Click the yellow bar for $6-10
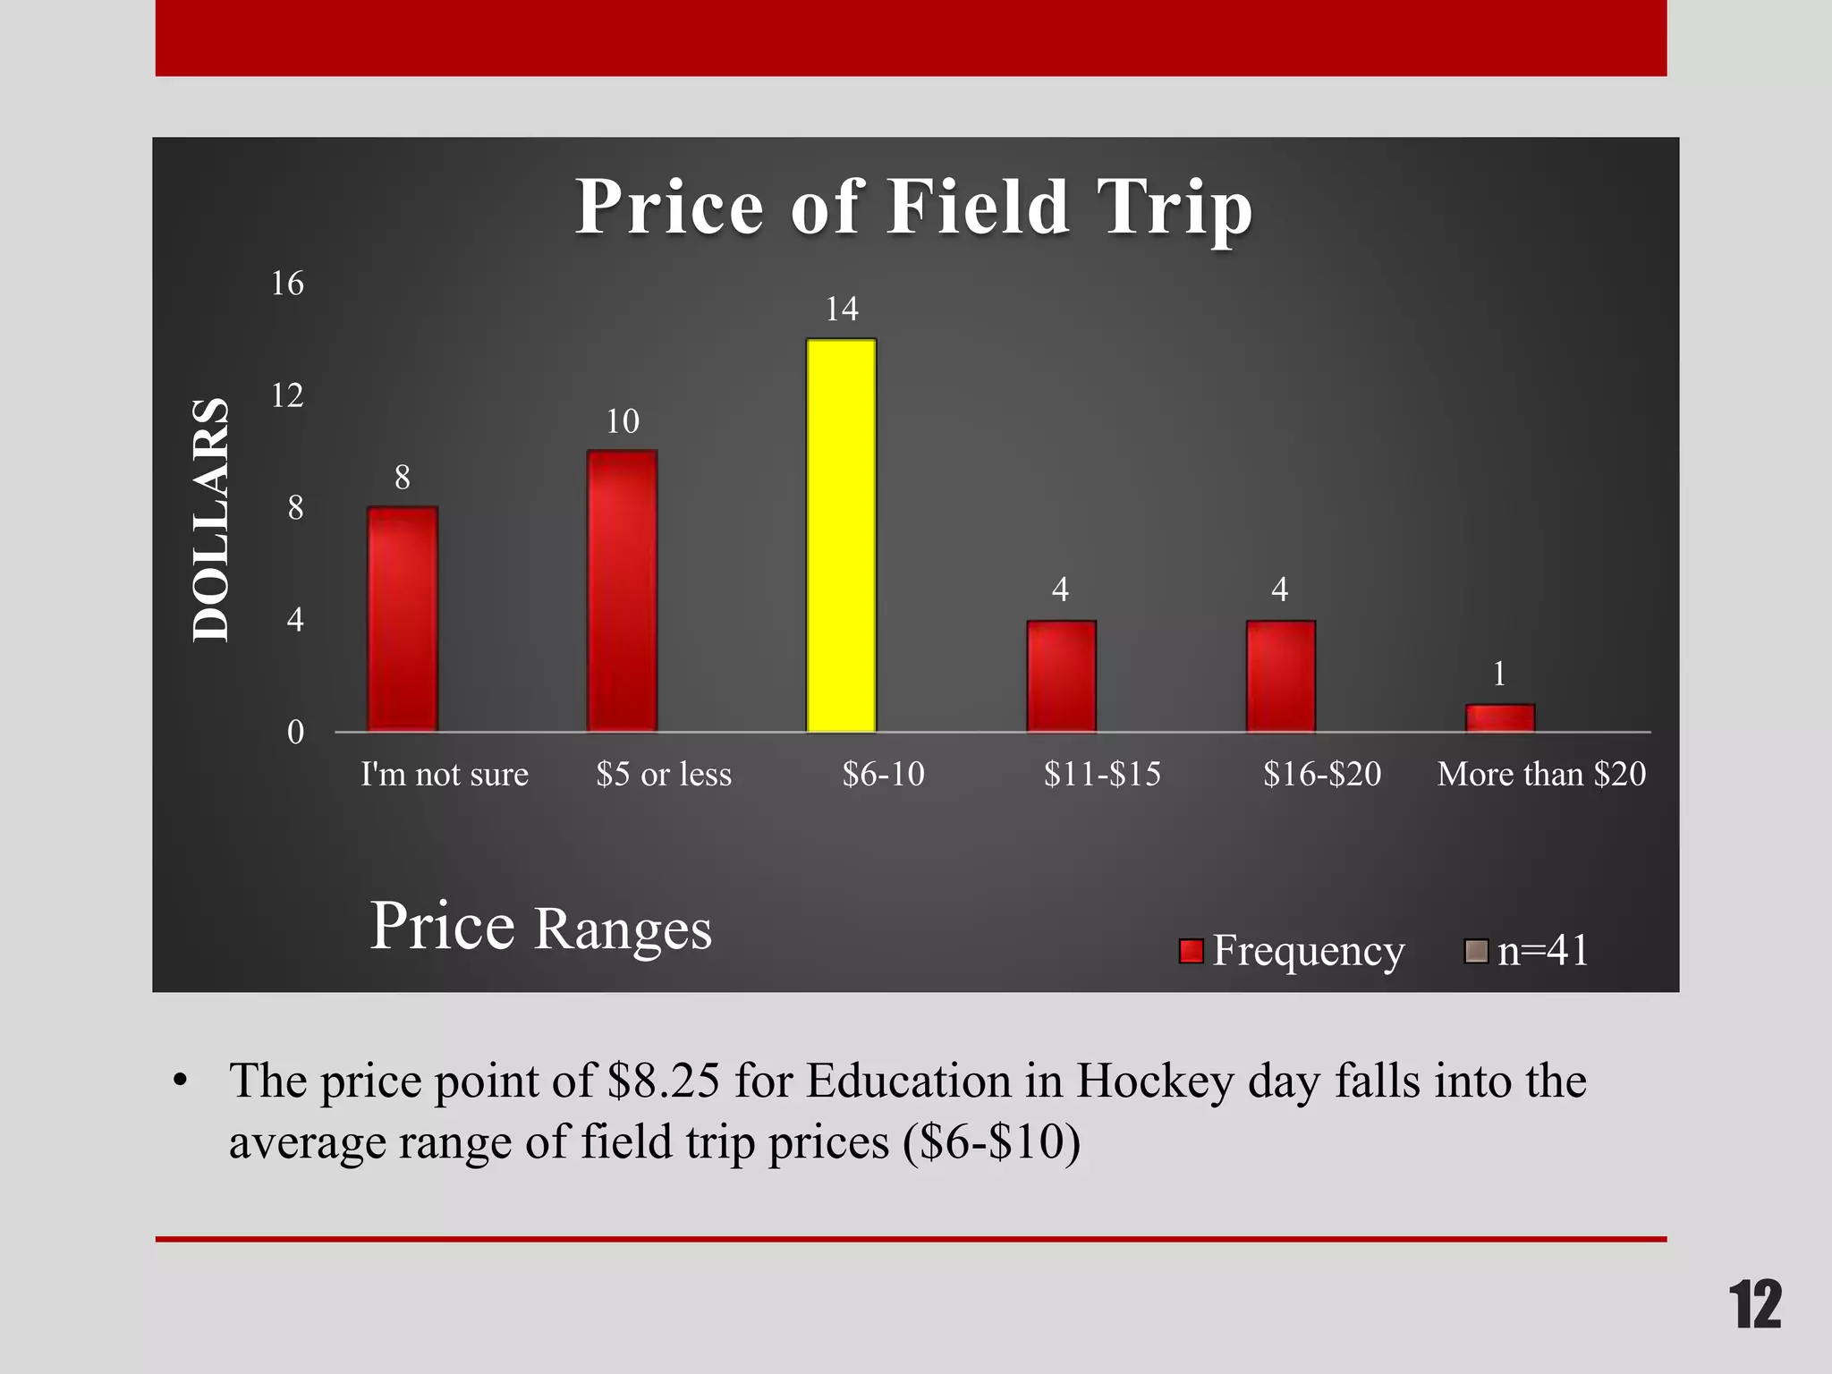point(841,535)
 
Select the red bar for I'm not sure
point(403,619)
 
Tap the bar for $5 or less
point(622,590)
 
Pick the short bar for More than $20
point(1500,718)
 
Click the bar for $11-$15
point(1061,675)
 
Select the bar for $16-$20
point(1281,675)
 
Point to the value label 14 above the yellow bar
point(842,310)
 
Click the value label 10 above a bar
point(623,421)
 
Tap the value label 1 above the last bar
point(1500,674)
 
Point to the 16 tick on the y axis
point(287,284)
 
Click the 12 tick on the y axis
point(287,395)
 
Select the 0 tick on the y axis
point(295,733)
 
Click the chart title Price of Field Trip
point(913,207)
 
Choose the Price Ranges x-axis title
point(540,927)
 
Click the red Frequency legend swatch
point(1191,951)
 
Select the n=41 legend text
point(1543,950)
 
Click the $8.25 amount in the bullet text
point(663,1081)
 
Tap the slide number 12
point(1754,1305)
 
